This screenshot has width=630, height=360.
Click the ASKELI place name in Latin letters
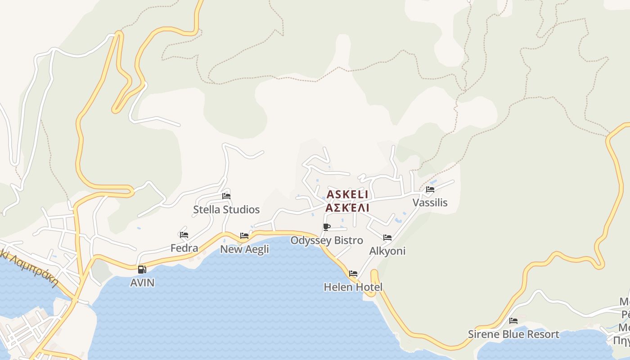coord(347,194)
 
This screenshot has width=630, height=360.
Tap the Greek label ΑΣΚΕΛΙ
coord(347,207)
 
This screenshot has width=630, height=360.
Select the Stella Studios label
coord(226,210)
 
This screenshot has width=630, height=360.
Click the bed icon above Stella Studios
coord(226,196)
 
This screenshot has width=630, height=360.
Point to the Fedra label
coord(184,248)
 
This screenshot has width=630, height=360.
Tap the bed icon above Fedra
coord(184,235)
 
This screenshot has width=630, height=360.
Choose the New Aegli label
coord(244,249)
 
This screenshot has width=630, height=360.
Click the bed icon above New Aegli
coord(244,236)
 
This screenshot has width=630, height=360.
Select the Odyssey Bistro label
coord(327,240)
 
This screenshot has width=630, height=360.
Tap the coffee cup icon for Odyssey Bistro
coord(327,227)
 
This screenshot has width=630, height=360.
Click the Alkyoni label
coord(387,251)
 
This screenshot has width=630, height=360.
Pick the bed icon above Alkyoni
coord(387,238)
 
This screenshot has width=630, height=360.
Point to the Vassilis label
coord(430,202)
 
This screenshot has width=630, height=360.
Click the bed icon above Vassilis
coord(430,189)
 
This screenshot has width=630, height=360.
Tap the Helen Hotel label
coord(353,287)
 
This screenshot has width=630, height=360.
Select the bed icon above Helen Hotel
coord(353,274)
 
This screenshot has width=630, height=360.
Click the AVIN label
coord(142,283)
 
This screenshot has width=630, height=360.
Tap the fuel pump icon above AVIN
coord(142,270)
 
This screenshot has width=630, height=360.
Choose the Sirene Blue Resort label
coord(513,334)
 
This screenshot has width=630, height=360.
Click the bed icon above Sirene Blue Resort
coord(513,321)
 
